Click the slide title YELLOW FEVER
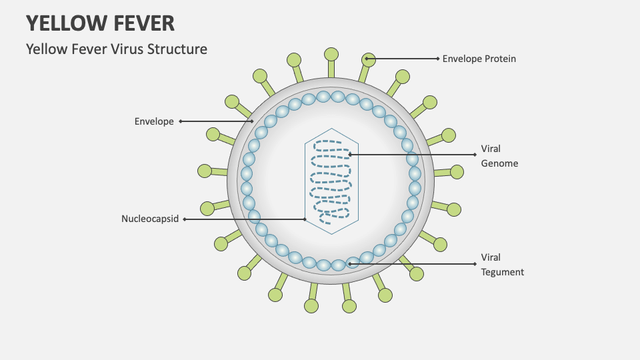click(x=100, y=23)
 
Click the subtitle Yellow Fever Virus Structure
click(x=117, y=49)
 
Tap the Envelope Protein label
click(x=479, y=59)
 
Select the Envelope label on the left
click(x=154, y=121)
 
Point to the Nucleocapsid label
click(x=150, y=219)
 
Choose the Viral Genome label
click(x=499, y=155)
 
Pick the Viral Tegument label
click(x=502, y=265)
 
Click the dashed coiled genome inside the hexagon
click(x=331, y=180)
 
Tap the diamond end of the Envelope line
click(x=180, y=121)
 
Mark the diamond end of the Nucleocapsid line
click(x=184, y=219)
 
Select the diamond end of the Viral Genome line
click(x=475, y=155)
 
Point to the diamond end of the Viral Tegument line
click(x=475, y=264)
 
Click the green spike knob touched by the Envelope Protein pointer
click(x=368, y=59)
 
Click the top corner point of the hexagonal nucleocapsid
click(x=331, y=128)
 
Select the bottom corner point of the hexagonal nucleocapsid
click(x=331, y=233)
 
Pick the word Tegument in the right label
click(x=502, y=272)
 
